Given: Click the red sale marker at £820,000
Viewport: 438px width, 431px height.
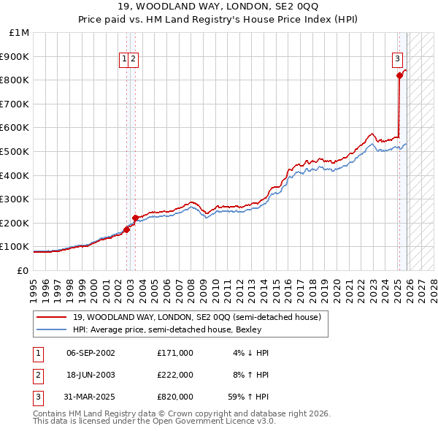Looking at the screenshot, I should (399, 75).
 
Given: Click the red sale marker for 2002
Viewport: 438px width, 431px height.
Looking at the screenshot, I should (126, 229).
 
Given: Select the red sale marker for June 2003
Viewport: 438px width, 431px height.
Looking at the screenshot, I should (135, 217).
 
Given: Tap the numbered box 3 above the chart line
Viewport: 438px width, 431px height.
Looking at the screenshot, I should (397, 59).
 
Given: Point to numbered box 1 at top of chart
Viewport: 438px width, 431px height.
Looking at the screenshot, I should (125, 59).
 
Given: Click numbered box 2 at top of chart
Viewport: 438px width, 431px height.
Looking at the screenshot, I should (134, 59).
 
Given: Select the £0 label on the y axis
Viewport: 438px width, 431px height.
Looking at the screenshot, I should (23, 270).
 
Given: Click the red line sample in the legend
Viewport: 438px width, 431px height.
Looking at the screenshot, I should (51, 318).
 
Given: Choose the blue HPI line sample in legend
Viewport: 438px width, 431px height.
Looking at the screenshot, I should (51, 330).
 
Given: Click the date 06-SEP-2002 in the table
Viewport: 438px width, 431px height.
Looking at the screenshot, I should (91, 353).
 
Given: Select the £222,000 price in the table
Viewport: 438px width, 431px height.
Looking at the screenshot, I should (174, 375).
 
